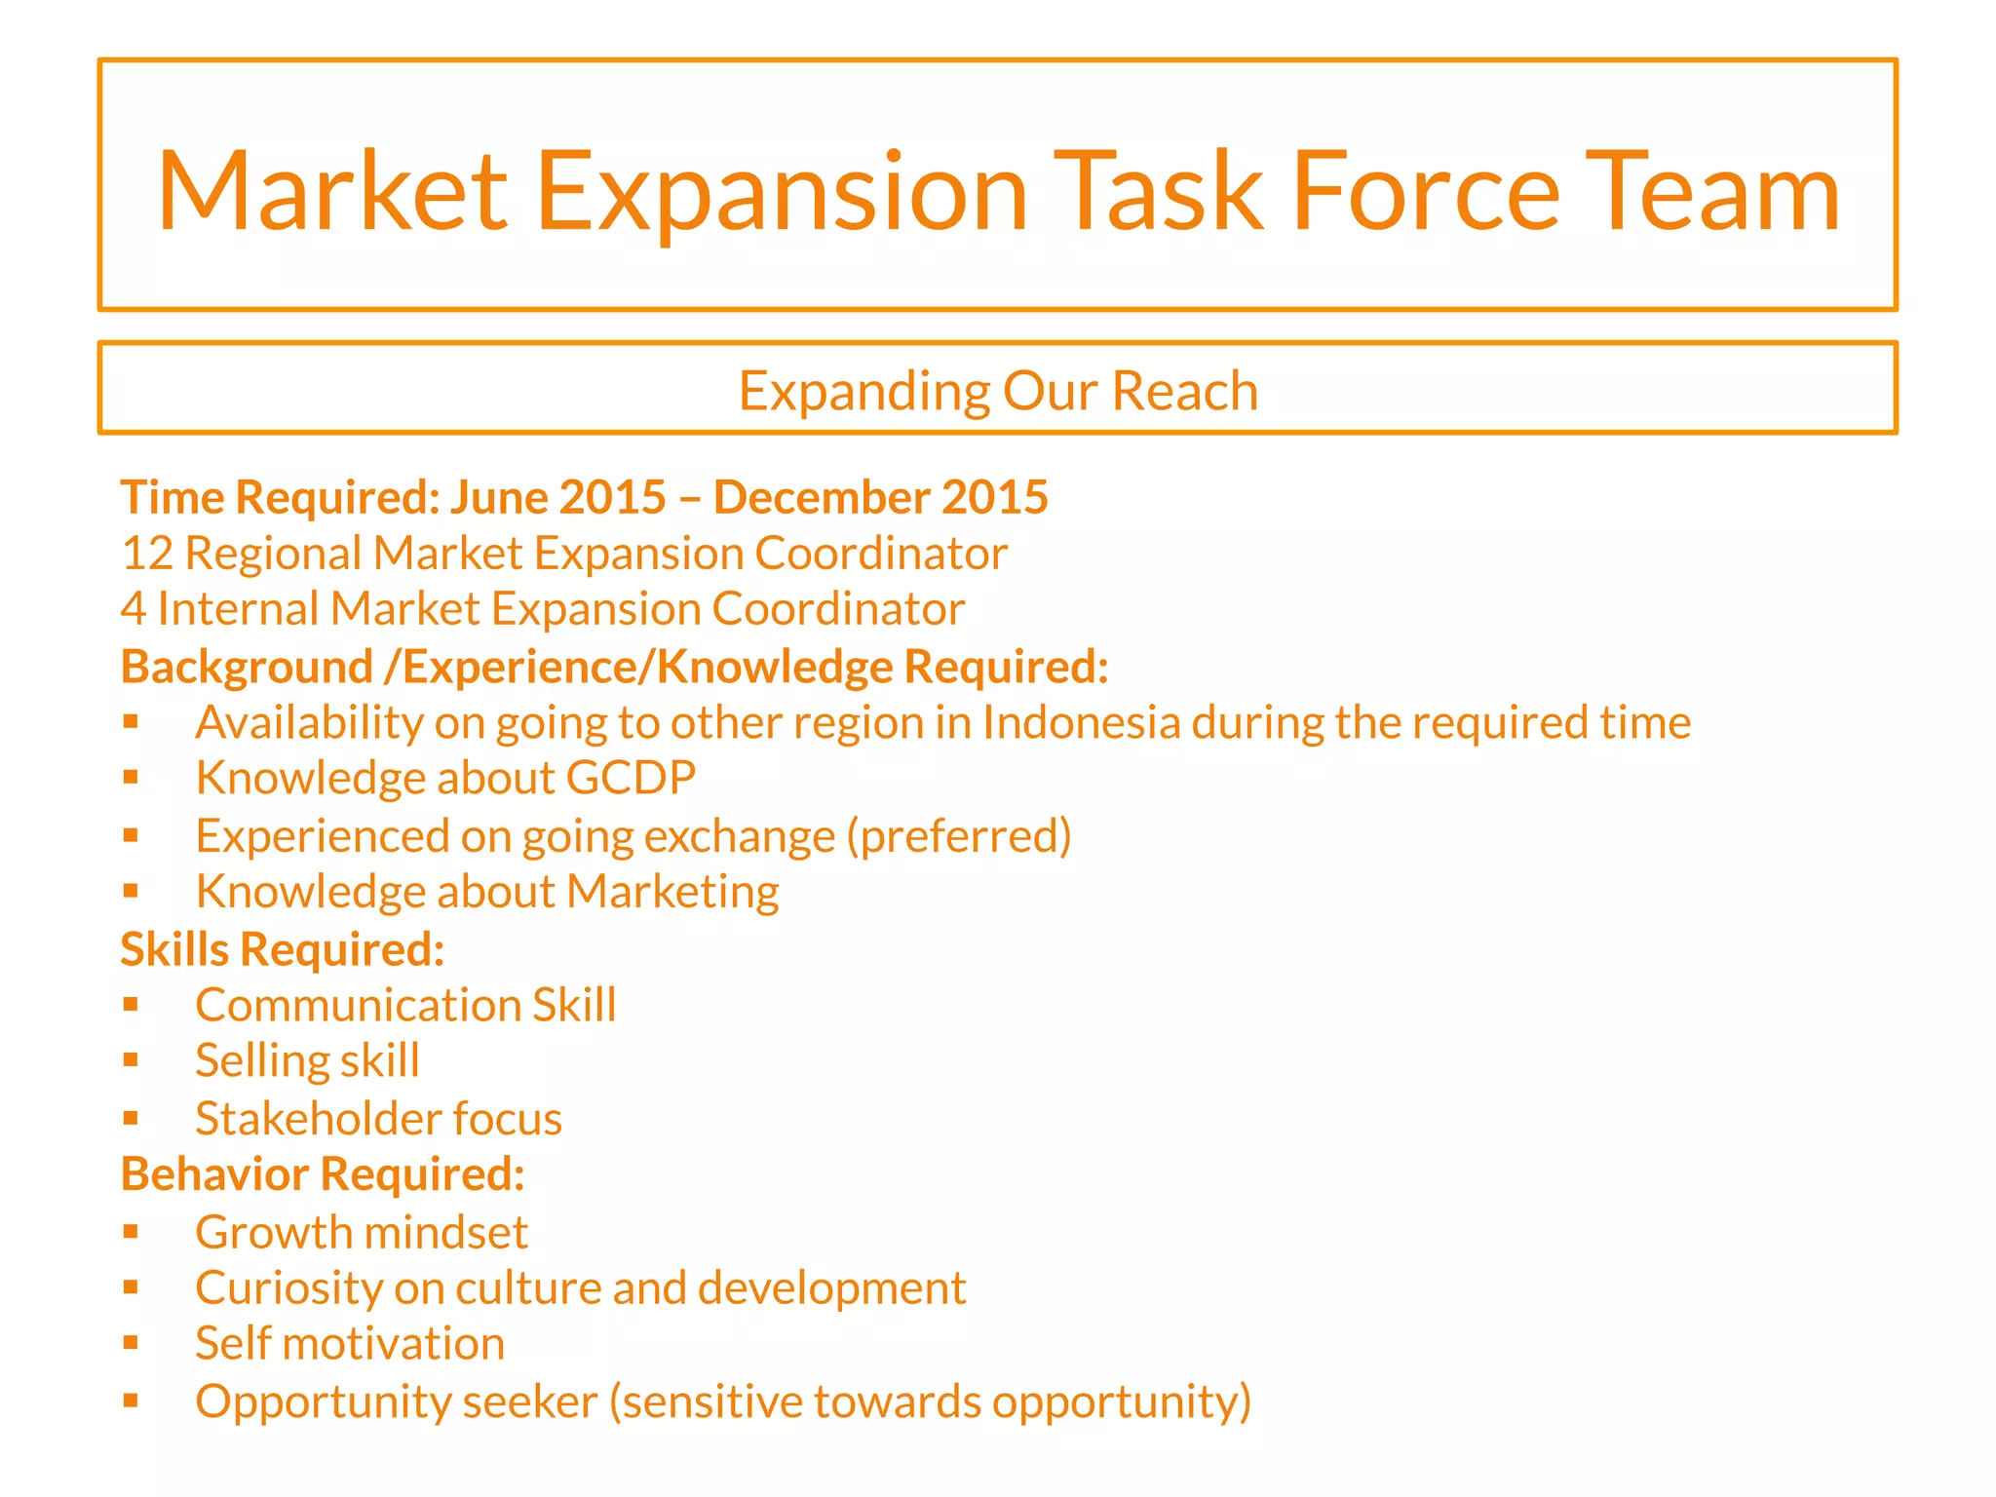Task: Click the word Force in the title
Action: point(1426,192)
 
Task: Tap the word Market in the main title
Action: point(332,192)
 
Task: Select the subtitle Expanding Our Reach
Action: point(998,391)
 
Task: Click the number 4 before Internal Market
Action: point(133,609)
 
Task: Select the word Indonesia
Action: point(1081,723)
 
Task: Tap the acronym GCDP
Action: point(631,779)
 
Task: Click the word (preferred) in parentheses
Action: point(959,836)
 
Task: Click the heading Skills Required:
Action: point(283,949)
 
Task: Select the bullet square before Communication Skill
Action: point(132,1004)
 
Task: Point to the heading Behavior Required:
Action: point(323,1174)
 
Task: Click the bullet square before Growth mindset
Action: point(132,1231)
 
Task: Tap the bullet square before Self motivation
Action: point(132,1343)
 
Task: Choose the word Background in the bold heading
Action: point(247,668)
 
